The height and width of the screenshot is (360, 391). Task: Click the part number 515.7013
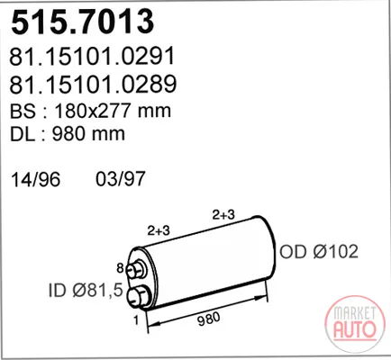point(83,22)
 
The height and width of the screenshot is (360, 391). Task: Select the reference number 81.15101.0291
point(92,56)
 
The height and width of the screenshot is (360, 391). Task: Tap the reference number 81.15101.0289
point(93,84)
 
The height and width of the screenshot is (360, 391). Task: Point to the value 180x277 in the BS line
point(93,111)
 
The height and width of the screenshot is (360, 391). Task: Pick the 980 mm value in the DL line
point(88,134)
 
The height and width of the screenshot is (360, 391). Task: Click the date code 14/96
point(36,179)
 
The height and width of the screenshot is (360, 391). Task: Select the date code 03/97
point(121,179)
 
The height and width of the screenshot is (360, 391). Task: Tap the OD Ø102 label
point(319,251)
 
